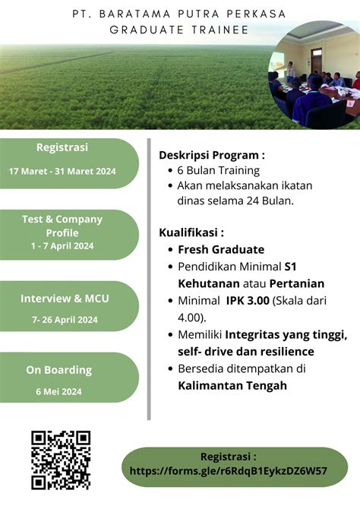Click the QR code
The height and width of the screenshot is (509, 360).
(x=61, y=460)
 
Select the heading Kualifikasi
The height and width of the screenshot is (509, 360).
(x=191, y=232)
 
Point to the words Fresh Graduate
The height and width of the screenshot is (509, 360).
(x=221, y=249)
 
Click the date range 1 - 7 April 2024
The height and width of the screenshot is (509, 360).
(x=62, y=245)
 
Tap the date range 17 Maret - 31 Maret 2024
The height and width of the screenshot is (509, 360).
(x=62, y=171)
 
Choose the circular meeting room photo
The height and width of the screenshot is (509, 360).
(x=314, y=73)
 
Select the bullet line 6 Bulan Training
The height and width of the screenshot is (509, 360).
(x=218, y=171)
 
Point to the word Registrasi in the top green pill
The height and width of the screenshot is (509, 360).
(x=62, y=147)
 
